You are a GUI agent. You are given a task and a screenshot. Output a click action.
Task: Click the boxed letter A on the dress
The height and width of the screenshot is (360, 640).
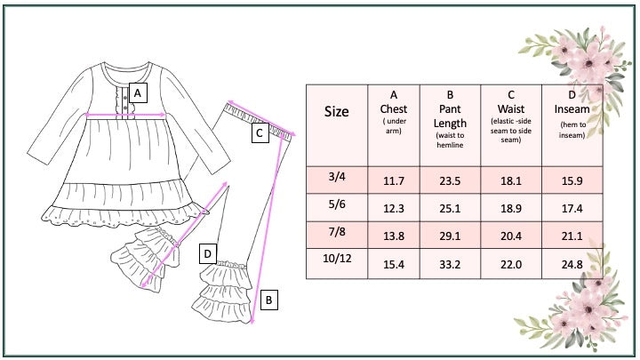(x=138, y=93)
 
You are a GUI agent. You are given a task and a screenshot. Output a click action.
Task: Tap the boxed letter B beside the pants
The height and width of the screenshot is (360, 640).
(x=268, y=300)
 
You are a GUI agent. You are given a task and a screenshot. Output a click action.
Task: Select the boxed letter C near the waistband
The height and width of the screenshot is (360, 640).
(x=260, y=133)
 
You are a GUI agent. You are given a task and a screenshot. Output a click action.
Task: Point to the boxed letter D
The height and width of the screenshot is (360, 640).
(x=208, y=254)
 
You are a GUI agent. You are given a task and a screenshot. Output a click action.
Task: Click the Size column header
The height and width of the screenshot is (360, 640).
(x=337, y=111)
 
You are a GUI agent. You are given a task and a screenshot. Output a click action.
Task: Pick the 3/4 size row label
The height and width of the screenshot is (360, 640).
(x=337, y=177)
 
